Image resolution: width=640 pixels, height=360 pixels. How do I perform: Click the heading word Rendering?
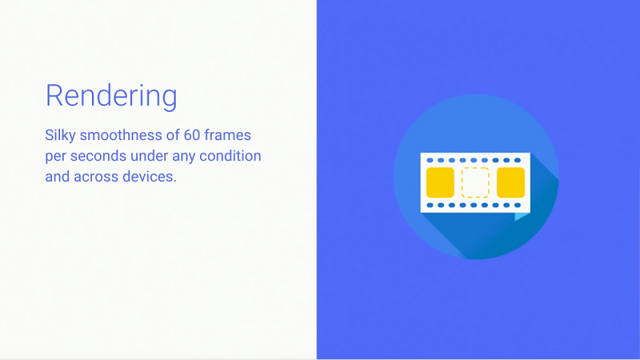point(111,96)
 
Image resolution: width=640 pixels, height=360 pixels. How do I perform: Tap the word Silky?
point(61,135)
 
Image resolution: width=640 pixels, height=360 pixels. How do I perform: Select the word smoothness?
point(121,135)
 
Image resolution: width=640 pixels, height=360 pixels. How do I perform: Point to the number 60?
point(191,135)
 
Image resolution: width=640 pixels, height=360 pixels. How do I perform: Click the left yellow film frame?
point(440,182)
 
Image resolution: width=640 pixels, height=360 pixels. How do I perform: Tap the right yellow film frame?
point(510,182)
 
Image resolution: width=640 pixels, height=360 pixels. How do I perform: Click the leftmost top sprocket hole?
point(430,161)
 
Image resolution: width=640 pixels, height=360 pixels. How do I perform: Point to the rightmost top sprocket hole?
point(518,161)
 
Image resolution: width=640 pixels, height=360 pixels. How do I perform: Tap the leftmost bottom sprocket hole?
point(430,206)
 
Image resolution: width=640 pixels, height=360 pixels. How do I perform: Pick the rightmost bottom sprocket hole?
point(518,206)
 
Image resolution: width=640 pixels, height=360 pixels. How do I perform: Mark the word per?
point(55,157)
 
